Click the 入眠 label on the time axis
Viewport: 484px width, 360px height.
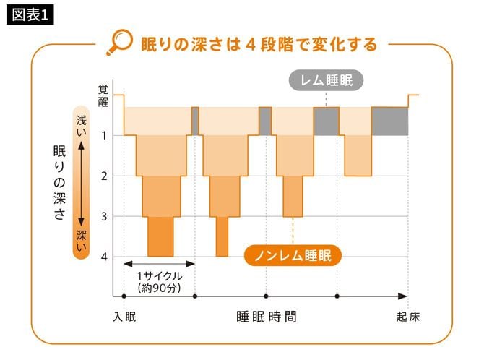pos(124,317)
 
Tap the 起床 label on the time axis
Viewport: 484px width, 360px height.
pos(408,317)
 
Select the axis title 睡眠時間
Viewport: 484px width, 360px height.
pos(266,317)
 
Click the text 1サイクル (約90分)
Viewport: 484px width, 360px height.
pos(158,282)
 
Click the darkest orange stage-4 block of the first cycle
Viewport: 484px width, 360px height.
pos(160,236)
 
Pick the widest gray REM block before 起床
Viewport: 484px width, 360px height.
pos(389,121)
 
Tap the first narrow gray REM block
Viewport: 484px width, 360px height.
pos(195,121)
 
